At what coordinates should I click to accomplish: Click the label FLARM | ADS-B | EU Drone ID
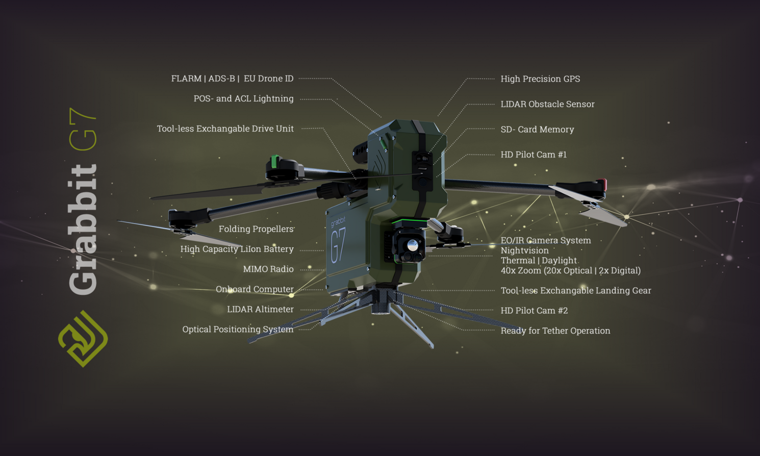[232, 79]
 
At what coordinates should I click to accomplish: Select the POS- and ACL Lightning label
[243, 98]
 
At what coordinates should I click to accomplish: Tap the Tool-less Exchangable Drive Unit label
[225, 129]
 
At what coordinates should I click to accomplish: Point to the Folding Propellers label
[256, 229]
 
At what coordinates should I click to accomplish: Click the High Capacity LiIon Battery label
[237, 249]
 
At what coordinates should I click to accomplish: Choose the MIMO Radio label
[268, 269]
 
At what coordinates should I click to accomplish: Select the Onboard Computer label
[255, 289]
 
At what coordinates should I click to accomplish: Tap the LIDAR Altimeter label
[260, 309]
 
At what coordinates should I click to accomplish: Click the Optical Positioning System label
[238, 330]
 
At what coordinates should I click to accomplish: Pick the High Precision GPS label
[540, 79]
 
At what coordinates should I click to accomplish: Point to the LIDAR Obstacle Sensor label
[547, 104]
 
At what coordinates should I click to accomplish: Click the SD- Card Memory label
[537, 130]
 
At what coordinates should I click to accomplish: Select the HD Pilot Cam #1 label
[534, 155]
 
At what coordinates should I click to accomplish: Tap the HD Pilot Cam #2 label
[534, 311]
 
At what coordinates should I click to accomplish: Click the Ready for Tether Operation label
[555, 331]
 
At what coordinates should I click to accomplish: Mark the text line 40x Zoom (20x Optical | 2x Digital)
[570, 270]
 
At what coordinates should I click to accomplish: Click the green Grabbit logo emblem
[83, 339]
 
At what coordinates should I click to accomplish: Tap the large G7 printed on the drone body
[339, 245]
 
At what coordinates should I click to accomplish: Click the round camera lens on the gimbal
[413, 246]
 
